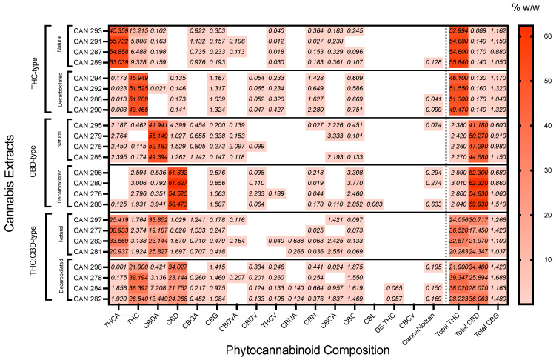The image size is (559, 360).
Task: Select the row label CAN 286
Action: (x=88, y=203)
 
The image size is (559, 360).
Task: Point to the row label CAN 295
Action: (x=88, y=125)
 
